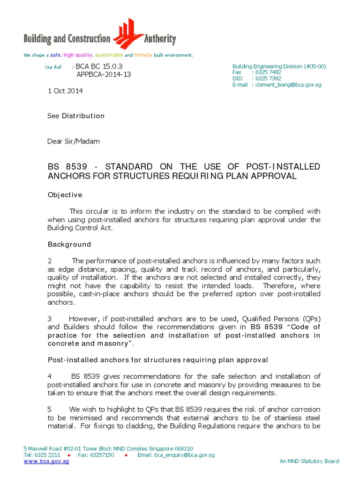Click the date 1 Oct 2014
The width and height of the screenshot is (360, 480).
(x=65, y=91)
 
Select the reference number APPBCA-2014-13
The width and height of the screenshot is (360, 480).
(x=104, y=75)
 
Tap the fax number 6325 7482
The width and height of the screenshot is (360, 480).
(x=266, y=73)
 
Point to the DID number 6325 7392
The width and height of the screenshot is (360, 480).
(x=266, y=79)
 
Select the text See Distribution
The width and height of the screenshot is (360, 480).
(x=76, y=116)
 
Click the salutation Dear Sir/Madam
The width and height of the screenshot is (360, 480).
(x=74, y=141)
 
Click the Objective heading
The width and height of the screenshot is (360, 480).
(x=65, y=195)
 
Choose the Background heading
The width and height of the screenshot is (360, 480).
(x=69, y=244)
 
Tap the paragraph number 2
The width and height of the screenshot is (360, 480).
(x=50, y=261)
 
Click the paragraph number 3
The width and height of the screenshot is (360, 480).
(x=50, y=319)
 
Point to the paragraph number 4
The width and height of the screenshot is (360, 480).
(x=50, y=376)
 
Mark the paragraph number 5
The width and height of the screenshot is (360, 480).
(x=50, y=410)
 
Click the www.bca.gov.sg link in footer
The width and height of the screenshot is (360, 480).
(x=46, y=461)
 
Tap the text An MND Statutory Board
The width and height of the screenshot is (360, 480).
(x=309, y=461)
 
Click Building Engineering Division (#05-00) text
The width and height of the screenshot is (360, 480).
(x=279, y=67)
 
